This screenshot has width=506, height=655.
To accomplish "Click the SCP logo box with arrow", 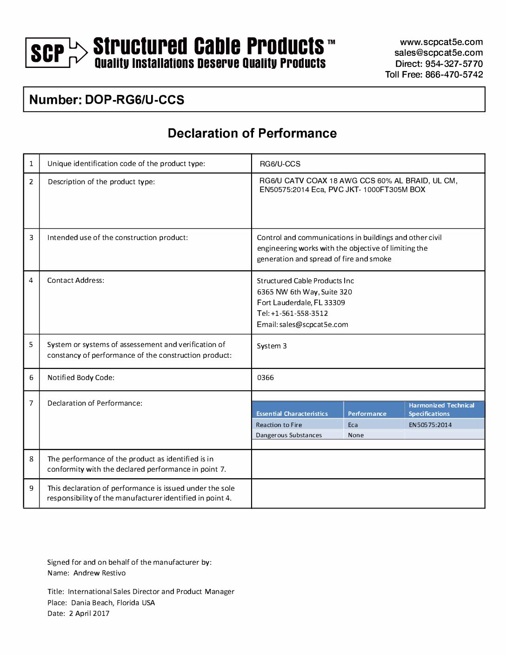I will [x=56, y=53].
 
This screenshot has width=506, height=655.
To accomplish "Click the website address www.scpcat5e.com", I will [x=441, y=42].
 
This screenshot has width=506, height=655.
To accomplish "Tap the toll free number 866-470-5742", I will [x=454, y=74].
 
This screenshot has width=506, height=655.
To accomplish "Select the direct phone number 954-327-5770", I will [x=454, y=64].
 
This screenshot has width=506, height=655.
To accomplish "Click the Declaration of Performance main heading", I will [x=252, y=134].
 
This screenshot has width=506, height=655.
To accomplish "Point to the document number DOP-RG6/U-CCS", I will [x=134, y=100].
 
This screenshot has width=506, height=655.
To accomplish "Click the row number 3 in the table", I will [x=31, y=238].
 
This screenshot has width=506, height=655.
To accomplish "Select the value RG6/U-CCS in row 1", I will [x=280, y=164].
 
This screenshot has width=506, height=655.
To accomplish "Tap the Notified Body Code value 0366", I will [x=266, y=378].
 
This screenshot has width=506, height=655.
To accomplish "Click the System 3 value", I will [x=272, y=346].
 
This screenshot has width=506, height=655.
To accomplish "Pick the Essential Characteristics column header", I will [x=292, y=414].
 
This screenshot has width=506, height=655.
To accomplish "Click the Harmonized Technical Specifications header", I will [x=441, y=409].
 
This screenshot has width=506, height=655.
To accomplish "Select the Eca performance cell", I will [x=353, y=425].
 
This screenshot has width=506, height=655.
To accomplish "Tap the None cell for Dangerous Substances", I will [x=356, y=435].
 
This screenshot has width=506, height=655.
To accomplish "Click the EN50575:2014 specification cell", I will [x=430, y=425].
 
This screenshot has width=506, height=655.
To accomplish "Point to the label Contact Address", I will [x=76, y=281].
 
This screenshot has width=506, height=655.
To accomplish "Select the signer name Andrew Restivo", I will [x=100, y=573].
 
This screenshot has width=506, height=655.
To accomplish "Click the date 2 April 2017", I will [x=89, y=614].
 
